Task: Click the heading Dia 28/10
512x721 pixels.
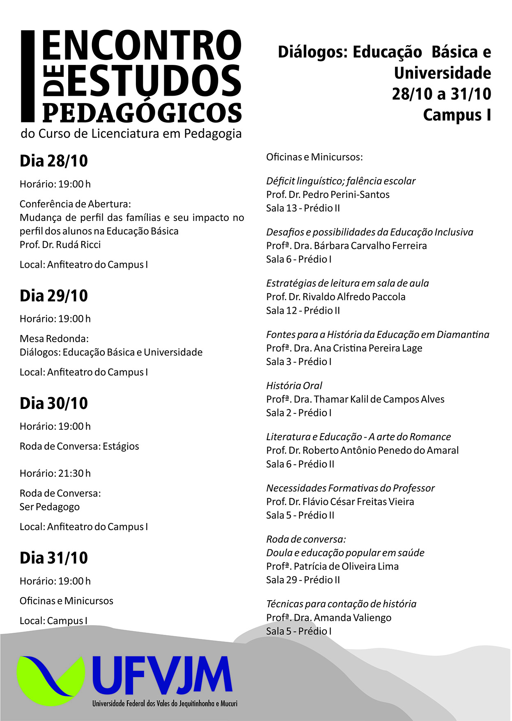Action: (x=54, y=161)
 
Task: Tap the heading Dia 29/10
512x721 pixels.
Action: (x=54, y=296)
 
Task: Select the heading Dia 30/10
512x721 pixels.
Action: (x=54, y=403)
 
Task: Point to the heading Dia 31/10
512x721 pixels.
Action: (x=54, y=558)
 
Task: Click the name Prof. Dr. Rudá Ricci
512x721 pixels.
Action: (x=60, y=245)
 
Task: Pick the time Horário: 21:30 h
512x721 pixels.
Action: (x=55, y=473)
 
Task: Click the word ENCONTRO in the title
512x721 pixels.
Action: (x=142, y=46)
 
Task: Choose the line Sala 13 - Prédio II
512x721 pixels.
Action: (x=303, y=208)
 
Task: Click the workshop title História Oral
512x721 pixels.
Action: (x=294, y=386)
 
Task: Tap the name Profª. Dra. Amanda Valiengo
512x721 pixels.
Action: (x=328, y=618)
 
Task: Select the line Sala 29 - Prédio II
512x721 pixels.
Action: (x=303, y=580)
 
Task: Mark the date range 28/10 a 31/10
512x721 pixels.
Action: (x=441, y=94)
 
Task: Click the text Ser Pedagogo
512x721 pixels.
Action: (x=50, y=507)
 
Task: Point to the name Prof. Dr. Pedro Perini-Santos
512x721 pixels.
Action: (x=328, y=195)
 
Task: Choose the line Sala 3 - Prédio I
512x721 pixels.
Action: (x=298, y=362)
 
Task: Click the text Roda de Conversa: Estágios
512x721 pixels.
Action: (x=79, y=446)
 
